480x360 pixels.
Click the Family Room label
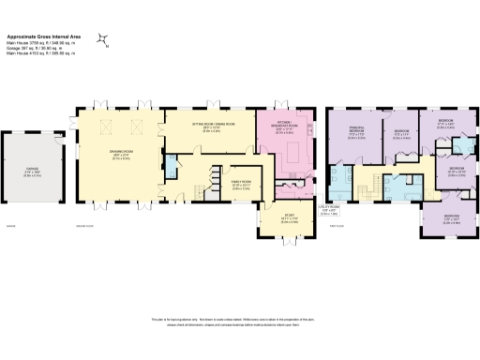pos(218,172)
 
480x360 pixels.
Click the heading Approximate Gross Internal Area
pos(47,35)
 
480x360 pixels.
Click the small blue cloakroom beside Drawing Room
pos(171,169)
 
